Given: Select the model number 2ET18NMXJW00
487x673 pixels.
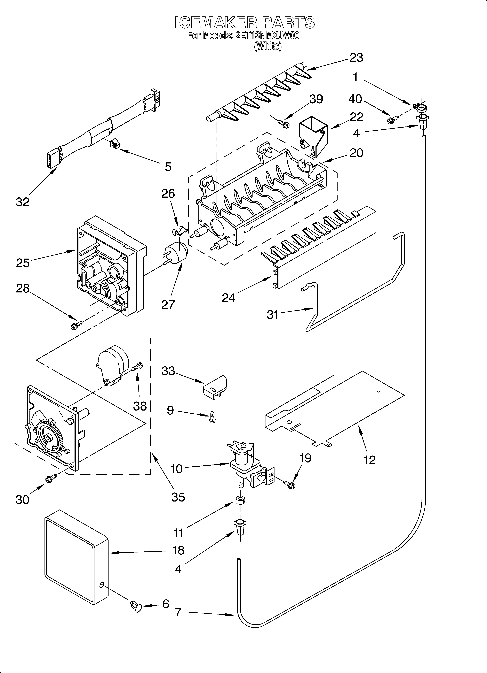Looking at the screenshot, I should (267, 36).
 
